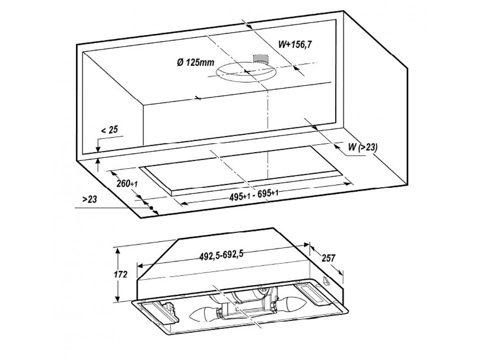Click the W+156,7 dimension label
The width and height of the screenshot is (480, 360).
point(295,44)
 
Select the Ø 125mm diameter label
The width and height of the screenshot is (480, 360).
point(196,63)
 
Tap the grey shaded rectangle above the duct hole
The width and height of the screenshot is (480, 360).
point(261,59)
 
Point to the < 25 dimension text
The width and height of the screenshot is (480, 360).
point(110,130)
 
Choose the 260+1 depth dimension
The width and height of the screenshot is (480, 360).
point(127,183)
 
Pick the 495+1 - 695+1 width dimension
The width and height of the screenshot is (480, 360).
point(254,195)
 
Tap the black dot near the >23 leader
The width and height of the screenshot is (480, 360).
point(151,208)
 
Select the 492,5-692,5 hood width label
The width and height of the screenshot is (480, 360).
point(221,255)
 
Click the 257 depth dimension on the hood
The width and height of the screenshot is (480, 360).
point(328,258)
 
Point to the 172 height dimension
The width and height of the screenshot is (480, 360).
point(120,274)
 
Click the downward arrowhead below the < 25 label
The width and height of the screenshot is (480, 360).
point(98,149)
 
